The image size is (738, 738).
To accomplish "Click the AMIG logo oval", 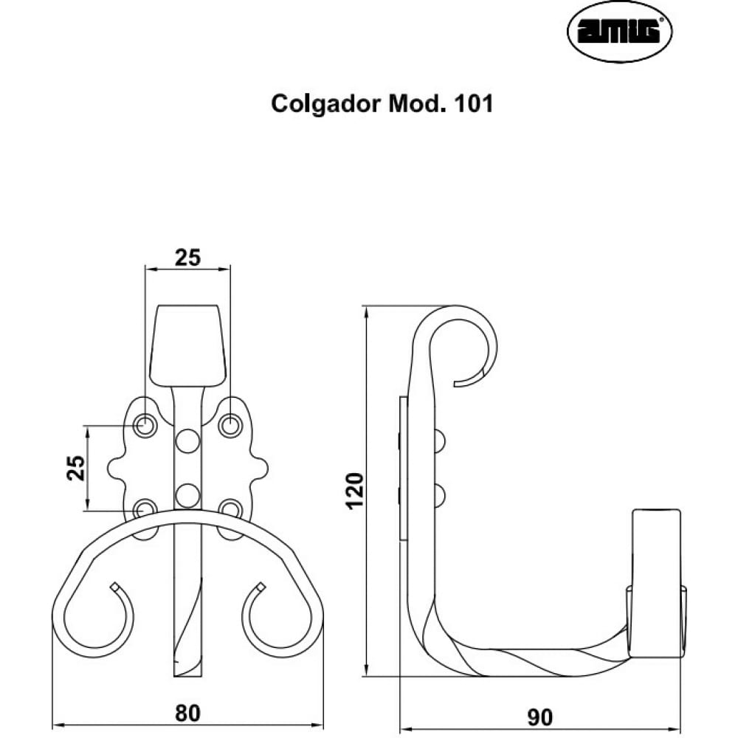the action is click(x=619, y=32).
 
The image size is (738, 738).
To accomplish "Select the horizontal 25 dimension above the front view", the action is click(x=187, y=258).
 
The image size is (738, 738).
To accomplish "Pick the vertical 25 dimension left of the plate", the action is click(x=77, y=468).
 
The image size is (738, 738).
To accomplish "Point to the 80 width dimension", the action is click(x=187, y=713).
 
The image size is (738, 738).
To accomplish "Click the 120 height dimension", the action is click(x=356, y=491).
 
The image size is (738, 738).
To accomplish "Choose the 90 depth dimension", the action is click(x=540, y=717).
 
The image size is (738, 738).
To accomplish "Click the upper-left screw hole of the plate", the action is click(x=145, y=426).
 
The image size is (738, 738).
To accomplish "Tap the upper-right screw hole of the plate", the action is click(x=230, y=426).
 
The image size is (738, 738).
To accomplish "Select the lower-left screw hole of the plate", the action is click(x=145, y=509).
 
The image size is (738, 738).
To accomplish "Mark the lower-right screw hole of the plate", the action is click(x=230, y=509).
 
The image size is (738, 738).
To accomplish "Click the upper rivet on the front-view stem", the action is click(x=187, y=441).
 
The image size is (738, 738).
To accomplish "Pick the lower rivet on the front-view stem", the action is click(x=187, y=496).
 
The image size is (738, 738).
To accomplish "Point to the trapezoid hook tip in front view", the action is click(x=187, y=346).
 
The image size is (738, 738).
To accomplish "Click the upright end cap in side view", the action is click(x=656, y=583).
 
